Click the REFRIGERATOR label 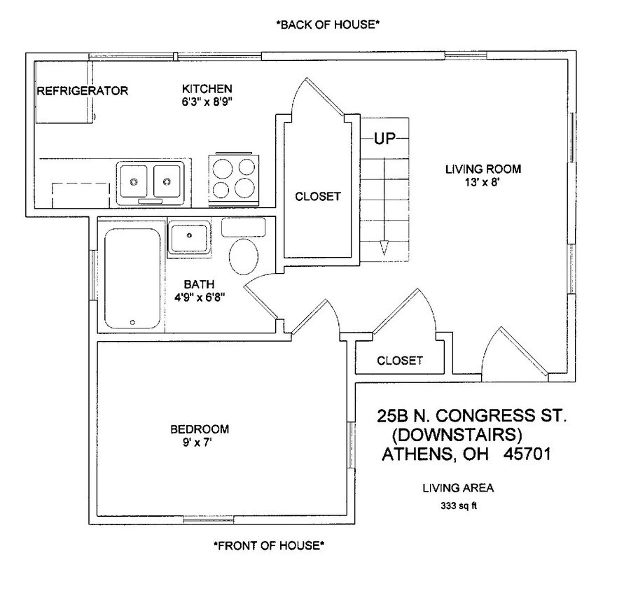pos(82,91)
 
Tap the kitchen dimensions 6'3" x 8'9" pos(207,102)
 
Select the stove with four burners pos(233,179)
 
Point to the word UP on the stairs pos(384,139)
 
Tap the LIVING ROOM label pos(483,169)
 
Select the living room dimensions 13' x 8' pos(483,181)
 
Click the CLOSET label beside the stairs pos(317,197)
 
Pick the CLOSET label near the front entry pos(400,361)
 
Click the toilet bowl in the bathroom pos(244,258)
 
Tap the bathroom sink pos(188,237)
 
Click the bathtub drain pos(132,322)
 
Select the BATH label pos(195,284)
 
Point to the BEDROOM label pos(200,429)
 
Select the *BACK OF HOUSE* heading pos(328,25)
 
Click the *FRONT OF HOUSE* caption pos(269,545)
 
